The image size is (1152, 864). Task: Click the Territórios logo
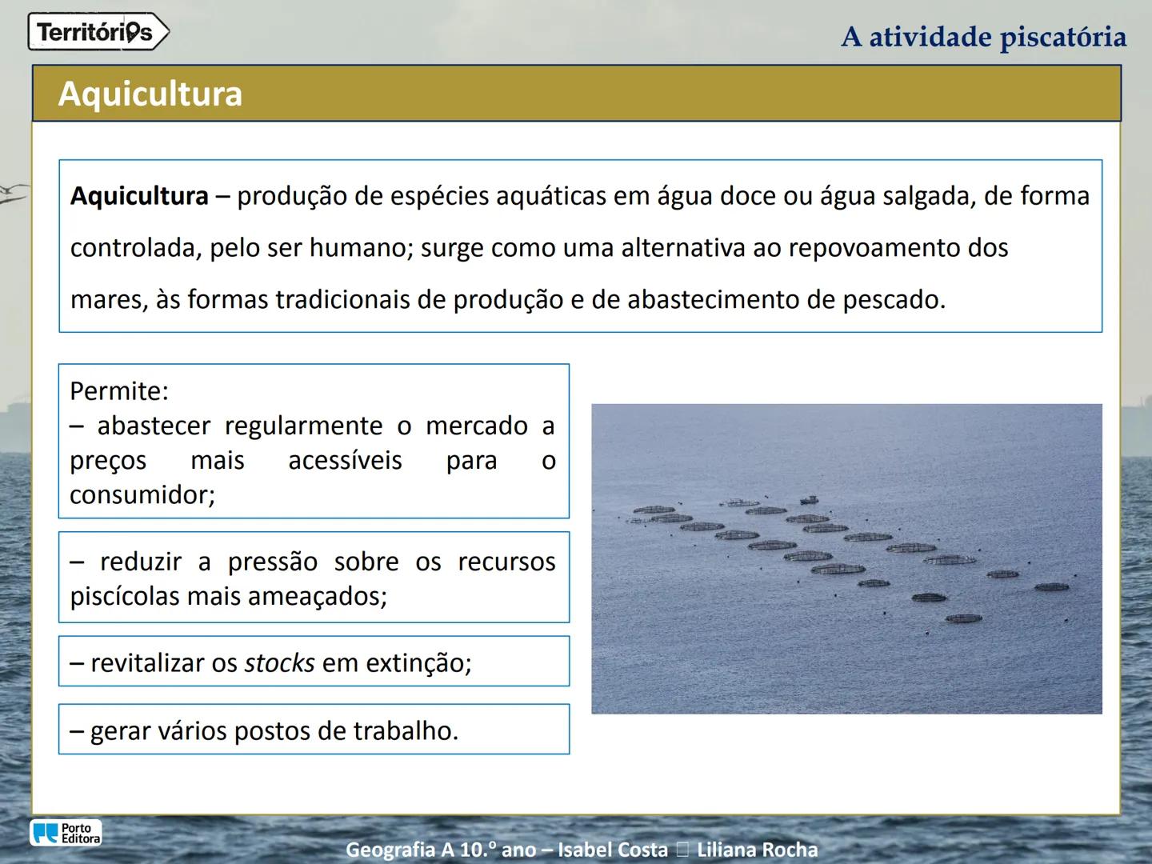[x=98, y=33]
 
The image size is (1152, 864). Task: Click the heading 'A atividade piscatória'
[x=983, y=37]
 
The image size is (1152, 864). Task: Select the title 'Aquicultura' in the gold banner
[x=150, y=94]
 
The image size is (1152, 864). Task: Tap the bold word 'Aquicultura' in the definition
[x=139, y=196]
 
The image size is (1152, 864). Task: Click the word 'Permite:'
[x=119, y=391]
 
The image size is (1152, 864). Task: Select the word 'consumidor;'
[x=142, y=495]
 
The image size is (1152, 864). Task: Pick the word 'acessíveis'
[x=345, y=461]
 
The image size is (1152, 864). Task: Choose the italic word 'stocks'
[x=279, y=663]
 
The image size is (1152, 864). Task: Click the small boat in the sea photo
[x=809, y=500]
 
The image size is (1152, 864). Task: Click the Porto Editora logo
[x=66, y=833]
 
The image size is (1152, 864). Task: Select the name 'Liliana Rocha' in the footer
[x=757, y=850]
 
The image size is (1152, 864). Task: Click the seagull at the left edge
[x=14, y=192]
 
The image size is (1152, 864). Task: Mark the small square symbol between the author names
[x=682, y=850]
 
